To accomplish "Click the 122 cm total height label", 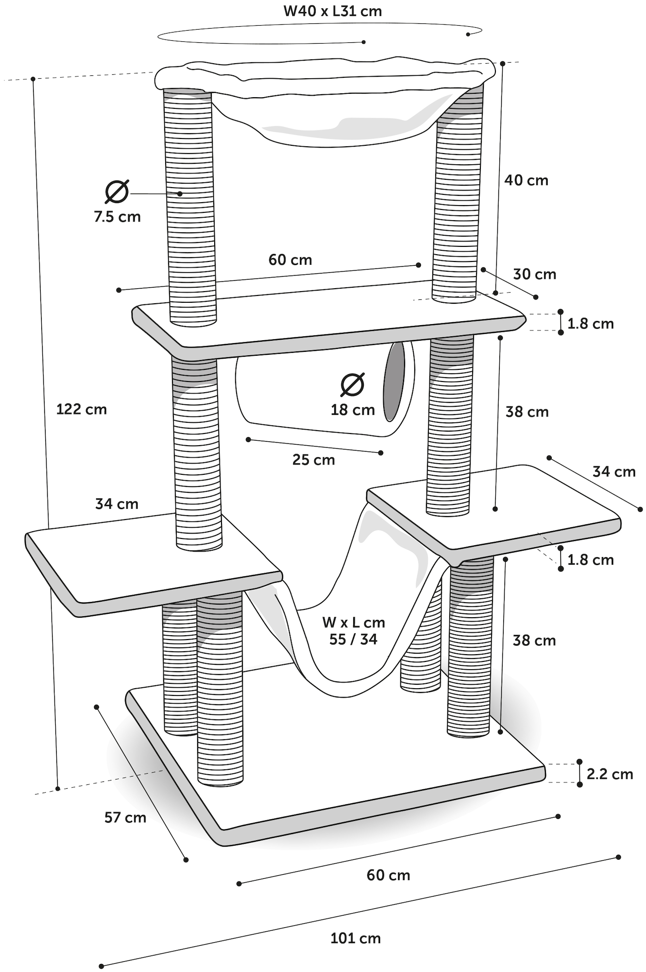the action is click(82, 409).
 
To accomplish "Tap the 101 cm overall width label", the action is click(356, 938).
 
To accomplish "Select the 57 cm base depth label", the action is click(125, 817).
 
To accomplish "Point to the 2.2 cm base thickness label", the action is click(610, 774).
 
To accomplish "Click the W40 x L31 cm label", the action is click(333, 11).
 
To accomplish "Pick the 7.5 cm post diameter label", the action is click(118, 217).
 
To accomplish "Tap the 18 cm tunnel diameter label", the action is click(353, 410).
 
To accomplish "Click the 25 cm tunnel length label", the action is click(313, 460).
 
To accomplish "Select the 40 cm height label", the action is click(526, 180).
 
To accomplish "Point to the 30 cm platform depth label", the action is click(534, 274).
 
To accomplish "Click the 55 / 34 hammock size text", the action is click(353, 639).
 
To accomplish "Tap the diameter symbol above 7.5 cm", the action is click(117, 191).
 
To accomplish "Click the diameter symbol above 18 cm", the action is click(353, 385).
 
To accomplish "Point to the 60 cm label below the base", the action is click(388, 875).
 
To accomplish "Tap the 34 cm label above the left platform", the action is click(117, 504).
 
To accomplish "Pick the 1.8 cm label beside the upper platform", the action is click(591, 324).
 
